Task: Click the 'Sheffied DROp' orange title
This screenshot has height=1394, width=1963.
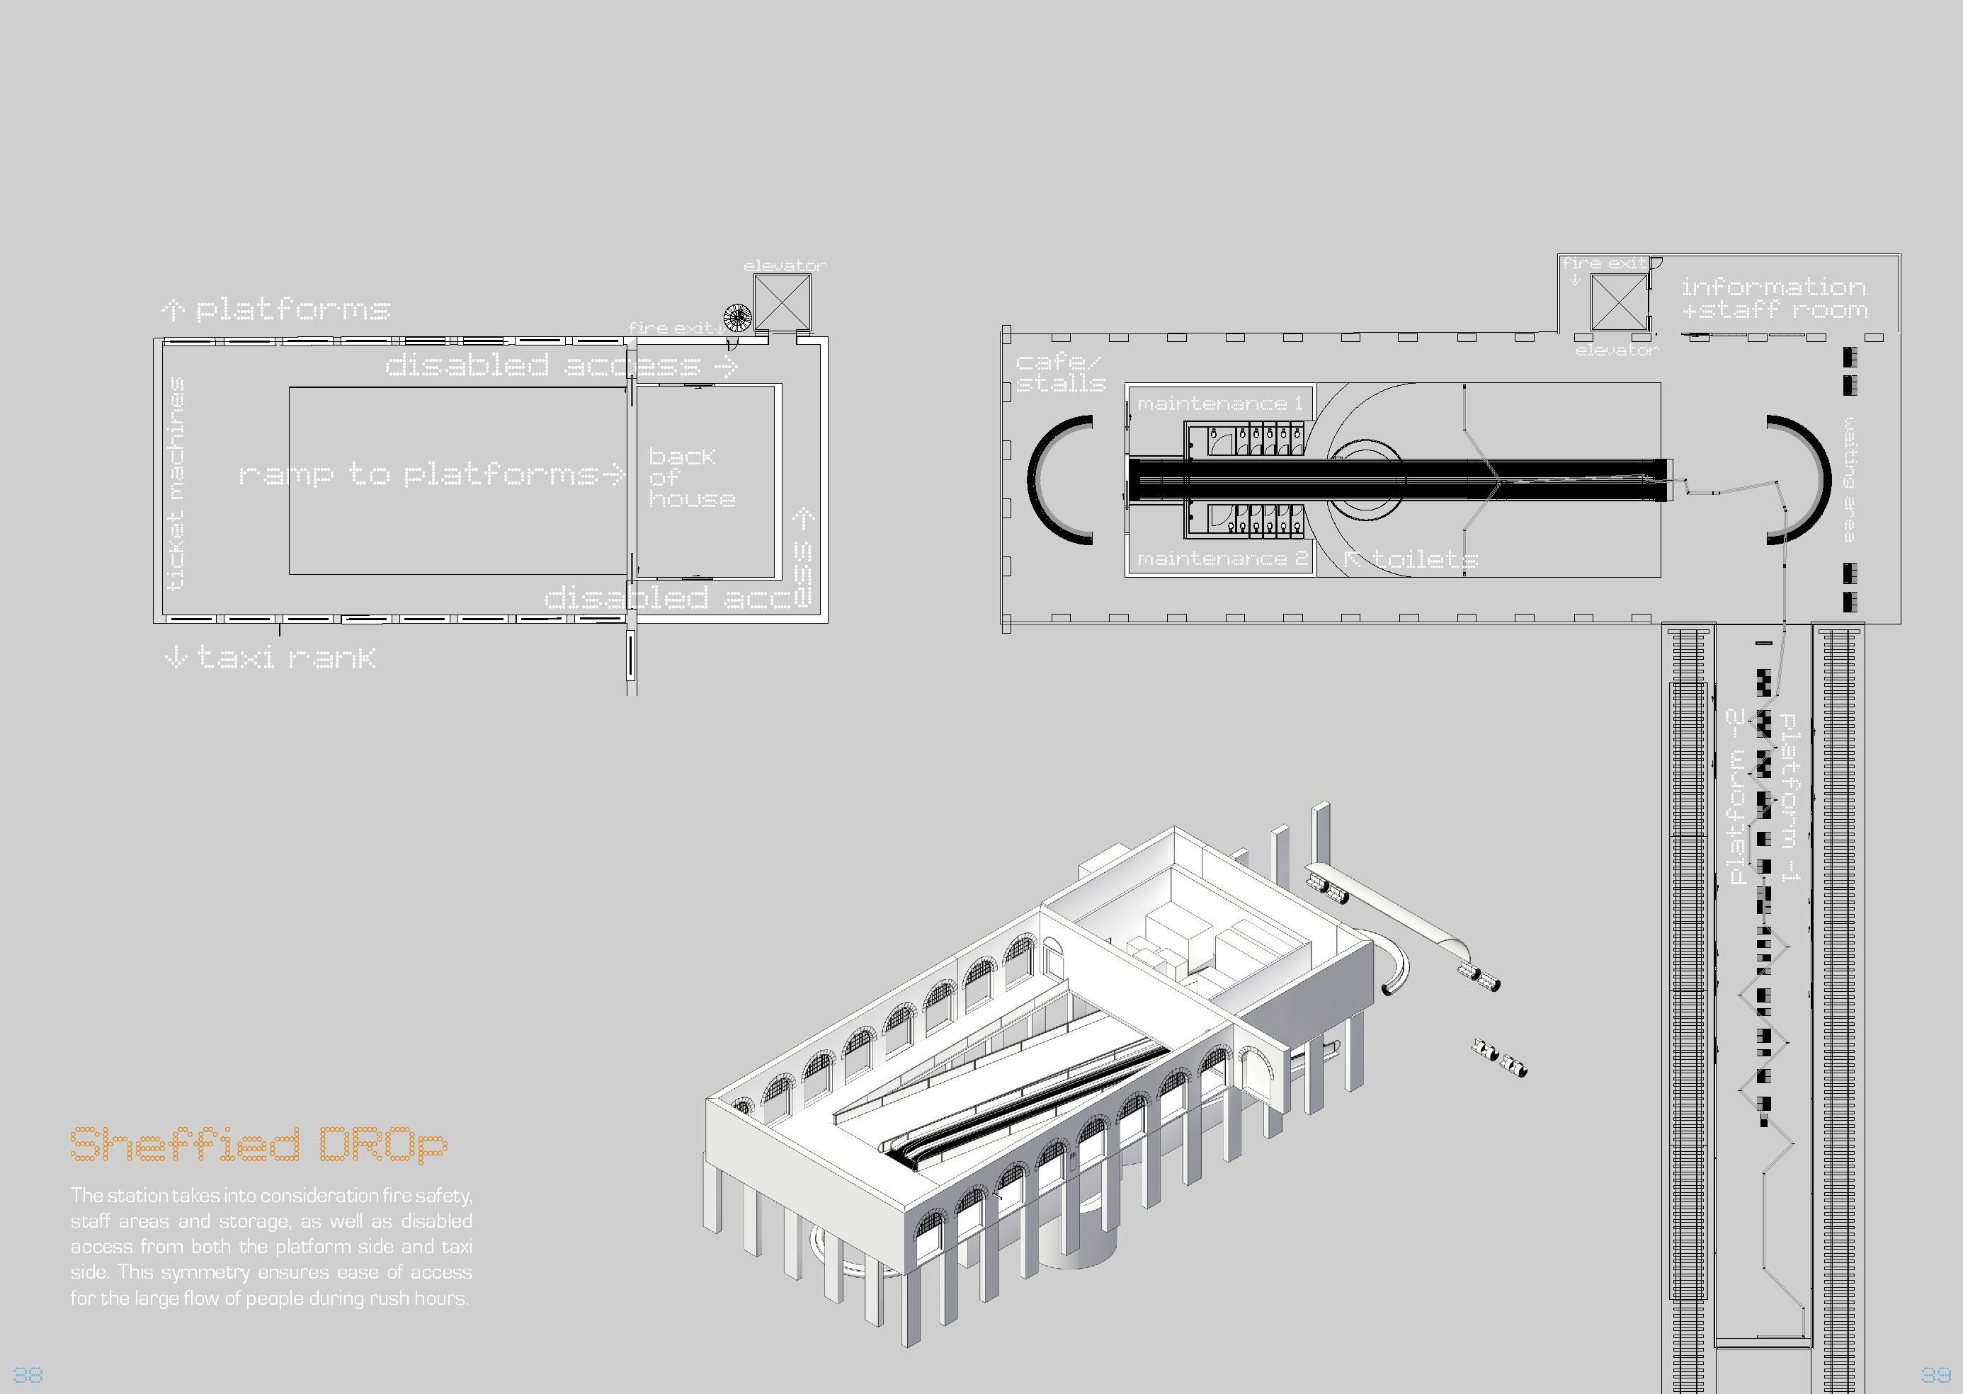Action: click(258, 1144)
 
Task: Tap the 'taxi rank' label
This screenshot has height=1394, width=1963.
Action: click(271, 658)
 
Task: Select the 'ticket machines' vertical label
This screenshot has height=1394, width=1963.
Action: click(176, 484)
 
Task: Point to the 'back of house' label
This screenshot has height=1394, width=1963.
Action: click(691, 478)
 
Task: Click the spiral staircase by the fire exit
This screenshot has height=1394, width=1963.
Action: click(736, 318)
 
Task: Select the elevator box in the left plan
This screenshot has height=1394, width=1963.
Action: click(782, 302)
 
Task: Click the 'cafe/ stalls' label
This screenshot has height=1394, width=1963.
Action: click(1060, 372)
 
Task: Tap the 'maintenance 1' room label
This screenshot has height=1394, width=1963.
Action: click(1219, 404)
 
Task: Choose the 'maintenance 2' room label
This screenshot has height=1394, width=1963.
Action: click(1222, 559)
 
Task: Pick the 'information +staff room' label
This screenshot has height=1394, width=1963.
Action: click(1773, 298)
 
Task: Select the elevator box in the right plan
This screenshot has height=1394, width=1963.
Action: click(1619, 302)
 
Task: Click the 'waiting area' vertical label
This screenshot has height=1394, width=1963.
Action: click(1850, 479)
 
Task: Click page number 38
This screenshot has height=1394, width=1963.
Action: click(28, 1374)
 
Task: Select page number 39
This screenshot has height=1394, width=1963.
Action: click(1935, 1374)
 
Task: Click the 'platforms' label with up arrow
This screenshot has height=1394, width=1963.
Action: click(276, 309)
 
